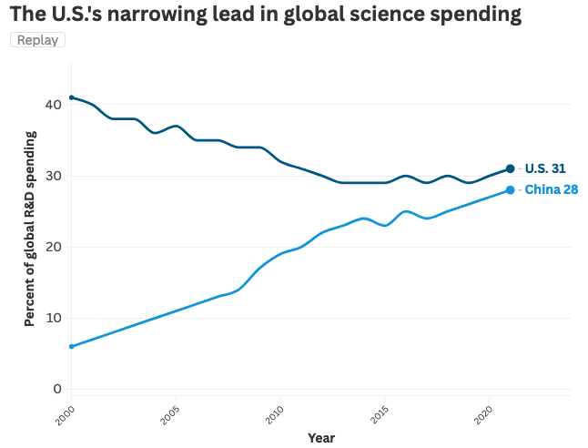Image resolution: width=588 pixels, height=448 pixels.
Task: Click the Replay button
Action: [37, 40]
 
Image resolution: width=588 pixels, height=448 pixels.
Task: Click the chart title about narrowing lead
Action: [266, 15]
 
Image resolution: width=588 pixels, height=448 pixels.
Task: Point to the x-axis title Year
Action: [320, 438]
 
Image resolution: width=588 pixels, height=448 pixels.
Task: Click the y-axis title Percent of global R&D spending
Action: [30, 229]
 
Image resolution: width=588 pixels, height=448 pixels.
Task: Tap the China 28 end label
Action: [551, 189]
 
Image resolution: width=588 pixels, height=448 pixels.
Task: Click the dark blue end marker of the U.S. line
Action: [510, 168]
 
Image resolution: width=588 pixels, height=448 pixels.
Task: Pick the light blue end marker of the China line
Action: [510, 189]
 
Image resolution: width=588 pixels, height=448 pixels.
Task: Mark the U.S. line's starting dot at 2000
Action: [72, 97]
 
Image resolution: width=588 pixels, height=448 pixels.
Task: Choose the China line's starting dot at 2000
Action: [72, 346]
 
